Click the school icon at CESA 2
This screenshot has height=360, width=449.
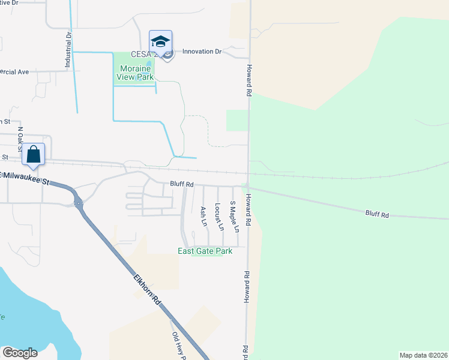160,41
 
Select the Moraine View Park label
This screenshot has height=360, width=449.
134,73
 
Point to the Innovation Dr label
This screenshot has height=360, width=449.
202,52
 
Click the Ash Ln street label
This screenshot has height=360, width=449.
203,216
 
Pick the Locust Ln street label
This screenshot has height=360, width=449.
218,217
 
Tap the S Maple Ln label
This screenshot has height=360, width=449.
235,217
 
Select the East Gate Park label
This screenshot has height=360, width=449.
205,251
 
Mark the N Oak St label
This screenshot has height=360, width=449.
20,139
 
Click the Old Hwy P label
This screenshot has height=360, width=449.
178,346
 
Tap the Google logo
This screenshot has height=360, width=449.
20,352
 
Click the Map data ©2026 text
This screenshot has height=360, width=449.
423,355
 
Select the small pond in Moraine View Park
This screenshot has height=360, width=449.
148,65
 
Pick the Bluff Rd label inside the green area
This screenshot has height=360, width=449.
377,214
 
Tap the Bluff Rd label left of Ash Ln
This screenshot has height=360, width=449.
181,184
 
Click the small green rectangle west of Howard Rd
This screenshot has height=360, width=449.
237,120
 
